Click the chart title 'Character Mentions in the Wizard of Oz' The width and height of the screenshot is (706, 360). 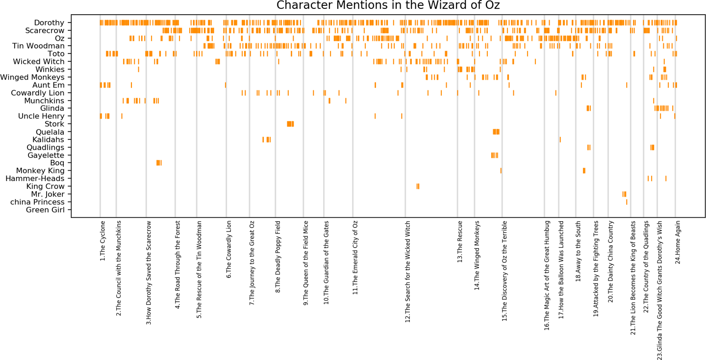388,5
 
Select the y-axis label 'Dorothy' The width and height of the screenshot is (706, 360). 49,23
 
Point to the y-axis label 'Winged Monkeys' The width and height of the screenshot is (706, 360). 32,77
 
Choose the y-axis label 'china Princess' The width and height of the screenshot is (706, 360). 38,202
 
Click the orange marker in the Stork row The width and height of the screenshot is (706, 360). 290,124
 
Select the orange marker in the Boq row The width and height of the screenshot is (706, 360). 158,163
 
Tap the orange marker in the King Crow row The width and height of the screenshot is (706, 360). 418,186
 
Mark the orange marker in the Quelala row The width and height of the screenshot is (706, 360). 496,132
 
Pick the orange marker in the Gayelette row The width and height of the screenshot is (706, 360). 494,155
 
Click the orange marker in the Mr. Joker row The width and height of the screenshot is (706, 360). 624,194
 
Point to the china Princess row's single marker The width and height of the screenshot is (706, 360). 627,202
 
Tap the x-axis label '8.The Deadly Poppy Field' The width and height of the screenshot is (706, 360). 278,257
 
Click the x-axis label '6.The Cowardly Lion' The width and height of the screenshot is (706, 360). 229,250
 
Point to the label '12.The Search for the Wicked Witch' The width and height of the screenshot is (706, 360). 408,271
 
